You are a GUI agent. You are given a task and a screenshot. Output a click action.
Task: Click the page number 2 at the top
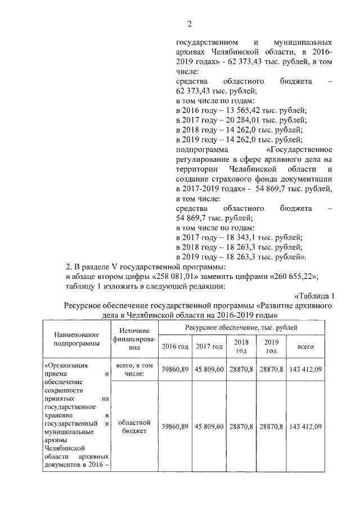tap(190, 24)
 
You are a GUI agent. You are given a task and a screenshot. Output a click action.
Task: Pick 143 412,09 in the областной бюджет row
tap(305, 427)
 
